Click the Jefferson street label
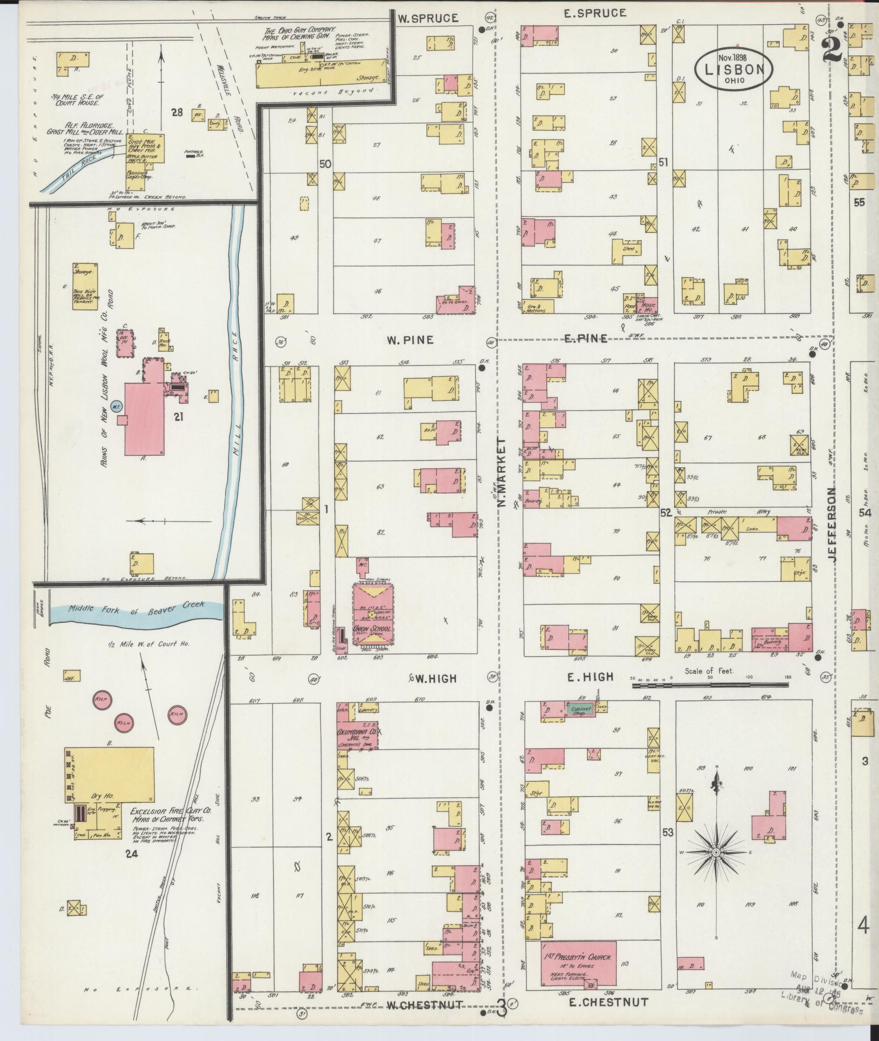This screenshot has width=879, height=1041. (831, 525)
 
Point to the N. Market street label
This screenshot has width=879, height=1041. (502, 472)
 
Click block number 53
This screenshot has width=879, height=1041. (668, 832)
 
